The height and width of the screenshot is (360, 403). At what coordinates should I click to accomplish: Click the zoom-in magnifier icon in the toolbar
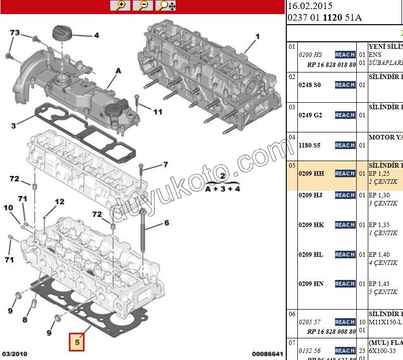pos(120,6)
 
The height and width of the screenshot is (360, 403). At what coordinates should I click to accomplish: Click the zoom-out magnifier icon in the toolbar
pos(143,6)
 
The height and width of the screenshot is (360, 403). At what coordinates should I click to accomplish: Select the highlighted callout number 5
pos(77,342)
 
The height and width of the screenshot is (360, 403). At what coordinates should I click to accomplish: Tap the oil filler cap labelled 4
pos(63,35)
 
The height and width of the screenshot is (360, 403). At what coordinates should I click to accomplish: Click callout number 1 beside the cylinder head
pos(258,36)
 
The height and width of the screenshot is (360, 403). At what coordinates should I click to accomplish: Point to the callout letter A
pos(119,71)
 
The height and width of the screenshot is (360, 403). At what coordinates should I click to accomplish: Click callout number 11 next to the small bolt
pos(157,111)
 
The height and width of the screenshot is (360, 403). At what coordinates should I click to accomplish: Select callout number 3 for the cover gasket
pos(14,125)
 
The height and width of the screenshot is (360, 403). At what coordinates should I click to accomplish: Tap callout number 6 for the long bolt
pos(166,223)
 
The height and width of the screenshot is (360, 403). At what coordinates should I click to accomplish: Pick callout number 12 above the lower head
pos(59,202)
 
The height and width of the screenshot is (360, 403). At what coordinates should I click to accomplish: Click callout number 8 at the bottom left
pos(24,320)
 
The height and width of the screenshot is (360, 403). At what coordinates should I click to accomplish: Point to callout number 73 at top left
pos(15,33)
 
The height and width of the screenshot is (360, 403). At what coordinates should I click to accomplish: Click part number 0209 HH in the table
pos(311,173)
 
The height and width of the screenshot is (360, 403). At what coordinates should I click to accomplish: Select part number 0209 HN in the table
pos(311,284)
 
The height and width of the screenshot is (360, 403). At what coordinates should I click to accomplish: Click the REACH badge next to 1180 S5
pos(345,145)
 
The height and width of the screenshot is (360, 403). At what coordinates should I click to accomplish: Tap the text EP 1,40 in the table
pos(379,255)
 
